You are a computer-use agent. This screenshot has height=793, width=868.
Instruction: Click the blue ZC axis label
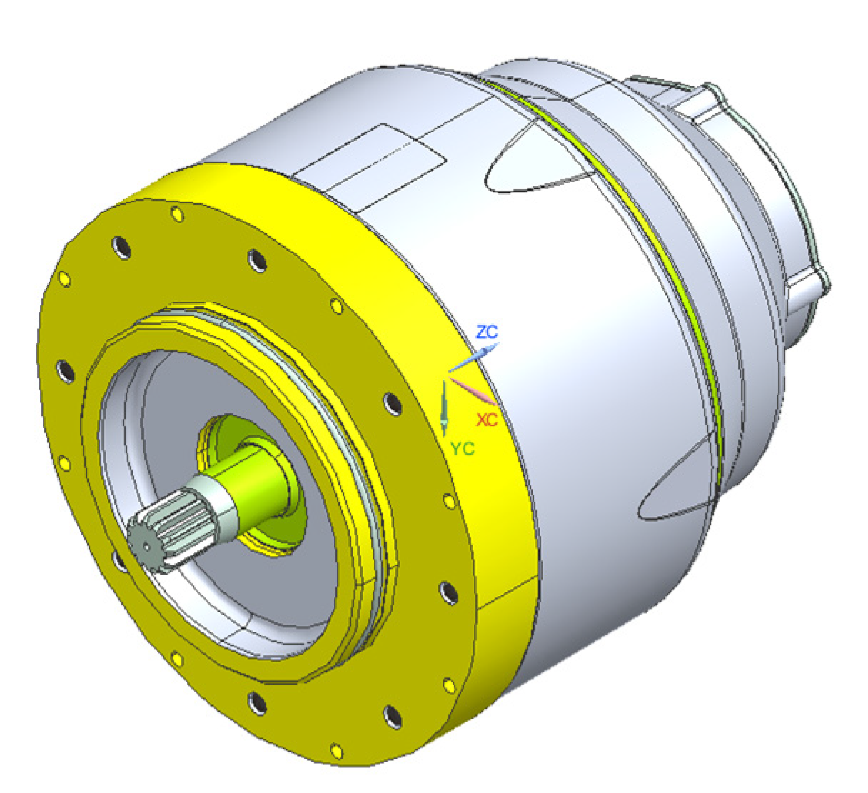point(488,332)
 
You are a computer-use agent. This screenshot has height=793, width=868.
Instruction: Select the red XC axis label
point(488,420)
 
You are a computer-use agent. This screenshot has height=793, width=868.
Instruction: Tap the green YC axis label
point(463,448)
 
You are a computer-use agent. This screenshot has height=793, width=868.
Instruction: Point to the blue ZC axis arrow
point(474,357)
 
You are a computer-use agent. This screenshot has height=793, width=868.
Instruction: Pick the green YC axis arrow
point(443,408)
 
